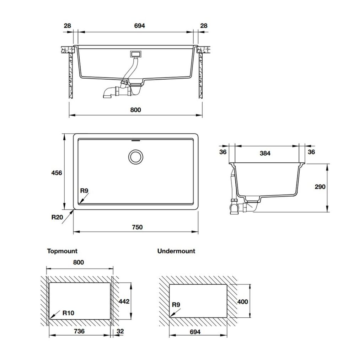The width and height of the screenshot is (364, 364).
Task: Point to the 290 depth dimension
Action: (x=320, y=187)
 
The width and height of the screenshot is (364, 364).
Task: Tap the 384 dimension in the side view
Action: (x=265, y=153)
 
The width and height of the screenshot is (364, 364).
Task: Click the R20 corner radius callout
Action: (x=57, y=217)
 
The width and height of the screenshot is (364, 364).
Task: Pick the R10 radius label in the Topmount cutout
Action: (x=68, y=313)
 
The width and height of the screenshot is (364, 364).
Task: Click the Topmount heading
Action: (x=62, y=251)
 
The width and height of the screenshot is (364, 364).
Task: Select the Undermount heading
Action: (x=176, y=251)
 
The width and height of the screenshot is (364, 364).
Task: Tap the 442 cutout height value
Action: (x=123, y=301)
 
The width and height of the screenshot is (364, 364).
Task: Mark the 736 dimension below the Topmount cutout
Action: (x=79, y=331)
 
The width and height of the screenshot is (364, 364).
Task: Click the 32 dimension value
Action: (x=120, y=331)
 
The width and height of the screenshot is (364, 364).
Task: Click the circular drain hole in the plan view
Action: (x=136, y=156)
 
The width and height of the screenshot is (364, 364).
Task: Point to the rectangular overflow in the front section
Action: (x=136, y=54)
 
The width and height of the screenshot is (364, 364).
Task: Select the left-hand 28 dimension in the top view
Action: (x=67, y=26)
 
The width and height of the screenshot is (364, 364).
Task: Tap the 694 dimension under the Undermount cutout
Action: (x=195, y=332)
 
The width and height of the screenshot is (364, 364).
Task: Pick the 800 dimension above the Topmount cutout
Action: (x=78, y=262)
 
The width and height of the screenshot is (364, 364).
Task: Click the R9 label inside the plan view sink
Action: (x=84, y=191)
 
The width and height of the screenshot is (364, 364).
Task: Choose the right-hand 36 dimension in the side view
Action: (x=311, y=152)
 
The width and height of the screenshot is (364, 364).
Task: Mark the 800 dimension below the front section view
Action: (x=135, y=110)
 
